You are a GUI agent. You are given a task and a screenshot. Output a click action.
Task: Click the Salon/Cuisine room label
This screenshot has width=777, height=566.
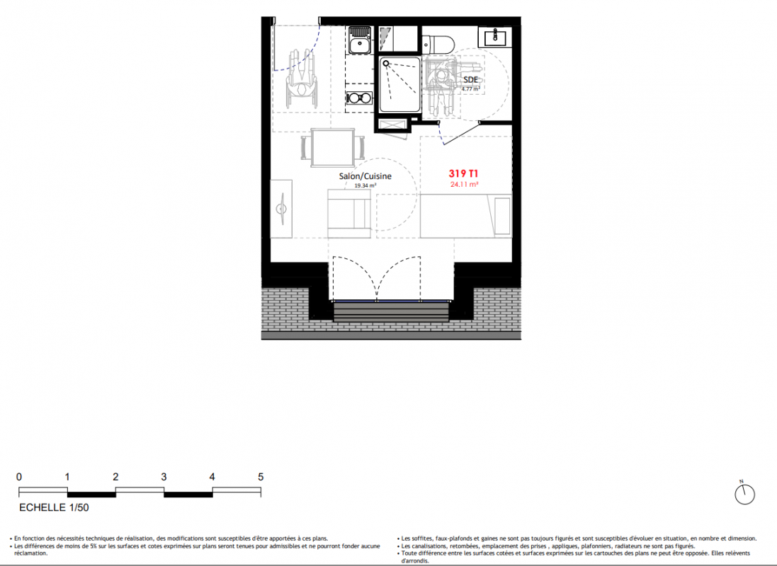pyautogui.click(x=365, y=176)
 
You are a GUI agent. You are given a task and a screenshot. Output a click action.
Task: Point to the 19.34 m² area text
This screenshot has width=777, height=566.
pyautogui.click(x=365, y=185)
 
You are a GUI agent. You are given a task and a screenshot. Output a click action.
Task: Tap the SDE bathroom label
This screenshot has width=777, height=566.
pyautogui.click(x=471, y=80)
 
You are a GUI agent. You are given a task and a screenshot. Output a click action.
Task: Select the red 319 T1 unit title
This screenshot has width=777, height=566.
pyautogui.click(x=463, y=173)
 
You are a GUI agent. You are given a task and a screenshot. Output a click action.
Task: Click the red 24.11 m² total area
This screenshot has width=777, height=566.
pyautogui.click(x=465, y=184)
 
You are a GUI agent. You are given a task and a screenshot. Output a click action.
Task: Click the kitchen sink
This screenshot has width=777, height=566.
pyautogui.click(x=360, y=40)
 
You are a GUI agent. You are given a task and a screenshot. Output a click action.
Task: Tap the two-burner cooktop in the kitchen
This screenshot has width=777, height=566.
pyautogui.click(x=359, y=98)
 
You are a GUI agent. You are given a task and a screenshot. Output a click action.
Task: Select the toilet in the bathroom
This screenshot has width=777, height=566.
pyautogui.click(x=438, y=44)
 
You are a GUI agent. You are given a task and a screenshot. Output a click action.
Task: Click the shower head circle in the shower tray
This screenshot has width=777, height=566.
pyautogui.click(x=386, y=64)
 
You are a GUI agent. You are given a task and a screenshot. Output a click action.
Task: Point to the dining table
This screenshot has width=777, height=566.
pyautogui.click(x=332, y=148)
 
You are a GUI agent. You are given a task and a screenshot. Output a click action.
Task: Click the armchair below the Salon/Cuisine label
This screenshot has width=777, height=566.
pyautogui.click(x=349, y=214)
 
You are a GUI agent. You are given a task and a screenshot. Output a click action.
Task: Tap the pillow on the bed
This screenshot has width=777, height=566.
pyautogui.click(x=502, y=216)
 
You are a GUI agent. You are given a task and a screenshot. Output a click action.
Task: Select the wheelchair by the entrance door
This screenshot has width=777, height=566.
pyautogui.click(x=301, y=79)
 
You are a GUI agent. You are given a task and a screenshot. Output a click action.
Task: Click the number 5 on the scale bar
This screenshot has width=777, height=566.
pyautogui.click(x=261, y=477)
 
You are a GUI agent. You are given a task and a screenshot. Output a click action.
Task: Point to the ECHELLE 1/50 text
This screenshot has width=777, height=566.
pyautogui.click(x=54, y=507)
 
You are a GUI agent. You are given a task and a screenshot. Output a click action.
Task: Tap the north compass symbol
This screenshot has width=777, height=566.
pyautogui.click(x=744, y=494)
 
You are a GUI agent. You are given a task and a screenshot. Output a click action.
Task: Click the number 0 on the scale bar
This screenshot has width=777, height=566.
pyautogui.click(x=19, y=477)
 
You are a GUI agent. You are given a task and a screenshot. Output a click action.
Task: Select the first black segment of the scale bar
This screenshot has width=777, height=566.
pyautogui.click(x=91, y=495)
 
